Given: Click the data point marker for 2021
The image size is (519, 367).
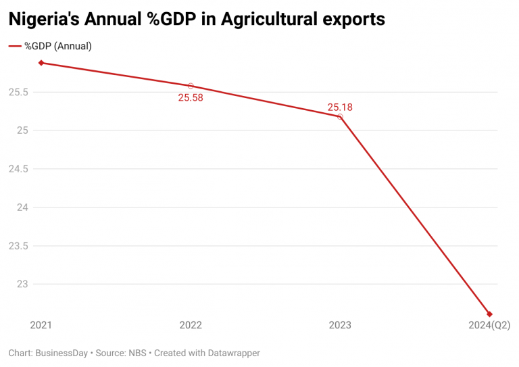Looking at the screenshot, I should pyautogui.click(x=41, y=63).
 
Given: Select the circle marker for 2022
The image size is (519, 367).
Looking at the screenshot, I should pyautogui.click(x=191, y=86).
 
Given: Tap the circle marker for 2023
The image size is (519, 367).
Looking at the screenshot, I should pyautogui.click(x=340, y=117).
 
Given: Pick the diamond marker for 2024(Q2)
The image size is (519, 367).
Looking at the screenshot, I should pyautogui.click(x=489, y=314).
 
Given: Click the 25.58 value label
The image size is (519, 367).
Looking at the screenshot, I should pyautogui.click(x=191, y=97).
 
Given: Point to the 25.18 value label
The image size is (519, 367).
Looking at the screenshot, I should pyautogui.click(x=340, y=107).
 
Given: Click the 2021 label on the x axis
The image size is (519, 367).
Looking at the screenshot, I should pyautogui.click(x=41, y=326).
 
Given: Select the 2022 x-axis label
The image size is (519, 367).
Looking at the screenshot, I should pyautogui.click(x=191, y=326).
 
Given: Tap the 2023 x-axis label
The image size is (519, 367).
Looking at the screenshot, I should pyautogui.click(x=340, y=326).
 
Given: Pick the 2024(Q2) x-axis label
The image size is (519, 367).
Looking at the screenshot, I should pyautogui.click(x=489, y=326).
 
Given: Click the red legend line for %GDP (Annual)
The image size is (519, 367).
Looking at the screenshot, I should pyautogui.click(x=15, y=47).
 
